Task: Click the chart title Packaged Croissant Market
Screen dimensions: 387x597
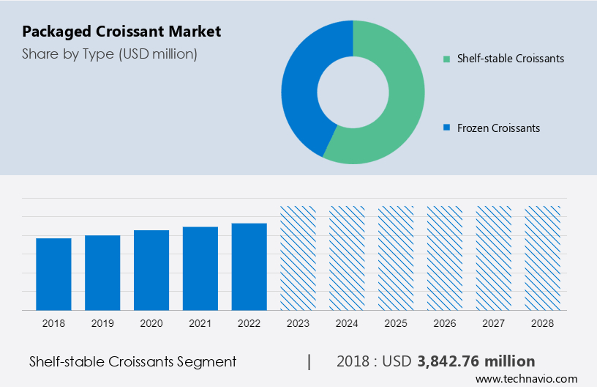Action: pyautogui.click(x=121, y=32)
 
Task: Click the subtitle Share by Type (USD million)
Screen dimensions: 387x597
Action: pyautogui.click(x=110, y=54)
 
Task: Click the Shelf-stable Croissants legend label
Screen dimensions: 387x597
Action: pyautogui.click(x=510, y=59)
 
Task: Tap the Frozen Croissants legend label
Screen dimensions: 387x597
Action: pyautogui.click(x=498, y=128)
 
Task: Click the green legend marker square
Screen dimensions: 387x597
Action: pyautogui.click(x=446, y=59)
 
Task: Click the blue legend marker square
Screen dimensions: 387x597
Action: pyautogui.click(x=446, y=128)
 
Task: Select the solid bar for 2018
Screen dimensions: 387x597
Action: pyautogui.click(x=53, y=274)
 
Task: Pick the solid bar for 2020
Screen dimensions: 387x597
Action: pyautogui.click(x=151, y=270)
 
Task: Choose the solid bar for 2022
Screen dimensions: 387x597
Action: pyautogui.click(x=249, y=266)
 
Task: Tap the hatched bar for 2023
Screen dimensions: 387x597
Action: pyautogui.click(x=298, y=257)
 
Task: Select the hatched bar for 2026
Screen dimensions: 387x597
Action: pyautogui.click(x=445, y=257)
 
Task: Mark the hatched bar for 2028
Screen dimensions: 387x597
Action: pyautogui.click(x=543, y=257)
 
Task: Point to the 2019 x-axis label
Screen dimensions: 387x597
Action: pyautogui.click(x=102, y=322)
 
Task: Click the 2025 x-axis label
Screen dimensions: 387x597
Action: pyautogui.click(x=396, y=322)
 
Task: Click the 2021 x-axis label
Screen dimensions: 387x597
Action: pyautogui.click(x=200, y=322)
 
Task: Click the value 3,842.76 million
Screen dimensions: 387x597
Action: pyautogui.click(x=476, y=361)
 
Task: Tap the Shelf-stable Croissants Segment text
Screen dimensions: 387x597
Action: pyautogui.click(x=132, y=361)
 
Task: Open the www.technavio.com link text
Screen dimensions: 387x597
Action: pyautogui.click(x=526, y=379)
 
